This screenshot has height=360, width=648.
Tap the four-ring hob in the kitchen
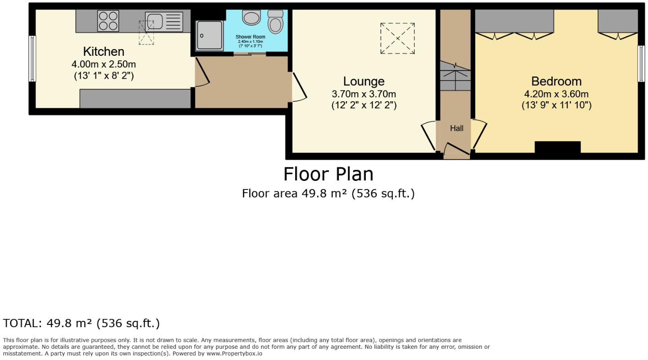(x=108, y=21)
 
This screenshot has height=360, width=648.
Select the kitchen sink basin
(x=154, y=21)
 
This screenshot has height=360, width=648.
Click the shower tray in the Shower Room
(x=209, y=36)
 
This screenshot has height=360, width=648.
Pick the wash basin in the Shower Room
(x=251, y=18)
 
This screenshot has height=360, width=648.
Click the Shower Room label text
(x=250, y=36)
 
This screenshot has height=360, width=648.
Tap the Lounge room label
(x=364, y=81)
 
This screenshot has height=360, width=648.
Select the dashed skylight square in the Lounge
(x=397, y=39)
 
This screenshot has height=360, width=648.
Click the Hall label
(x=456, y=128)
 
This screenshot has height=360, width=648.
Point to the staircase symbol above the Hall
(x=455, y=76)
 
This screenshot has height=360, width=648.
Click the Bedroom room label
(x=556, y=81)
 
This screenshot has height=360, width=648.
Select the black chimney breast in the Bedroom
(x=558, y=147)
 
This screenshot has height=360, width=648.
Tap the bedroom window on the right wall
(x=641, y=63)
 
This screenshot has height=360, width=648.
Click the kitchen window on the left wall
(x=32, y=58)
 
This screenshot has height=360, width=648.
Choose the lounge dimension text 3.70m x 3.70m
(x=364, y=94)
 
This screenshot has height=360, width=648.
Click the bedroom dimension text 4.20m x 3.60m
(x=556, y=94)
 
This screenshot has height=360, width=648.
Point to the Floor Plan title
(x=328, y=174)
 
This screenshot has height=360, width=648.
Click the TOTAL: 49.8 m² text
(x=81, y=323)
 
